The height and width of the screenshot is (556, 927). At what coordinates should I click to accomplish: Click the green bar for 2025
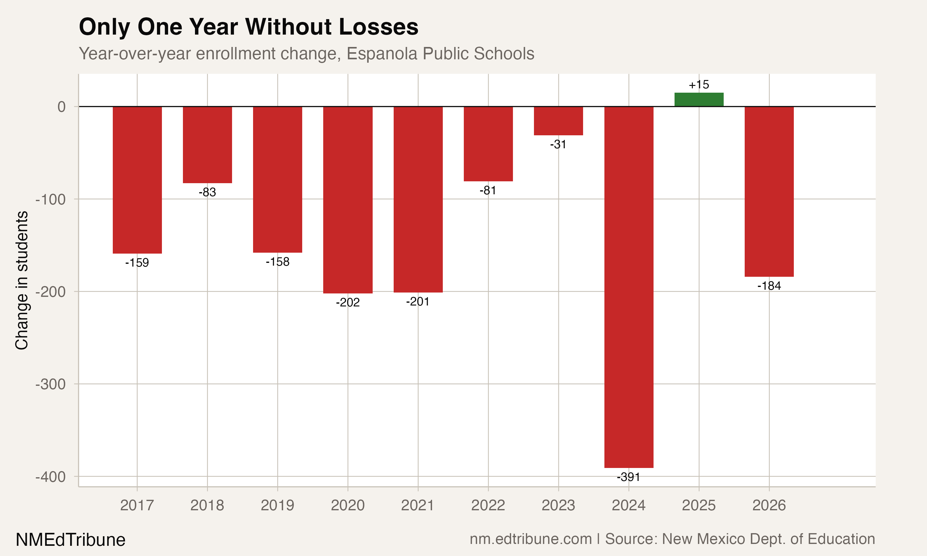click(699, 100)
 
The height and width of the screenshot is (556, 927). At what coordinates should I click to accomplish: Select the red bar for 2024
click(629, 287)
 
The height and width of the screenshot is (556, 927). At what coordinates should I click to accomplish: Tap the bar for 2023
click(558, 121)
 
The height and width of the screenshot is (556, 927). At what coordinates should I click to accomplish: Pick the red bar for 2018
click(207, 145)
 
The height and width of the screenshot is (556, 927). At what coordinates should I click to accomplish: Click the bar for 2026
click(769, 192)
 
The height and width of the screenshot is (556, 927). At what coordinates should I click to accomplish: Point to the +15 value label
click(699, 85)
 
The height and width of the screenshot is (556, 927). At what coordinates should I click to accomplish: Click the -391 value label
click(629, 477)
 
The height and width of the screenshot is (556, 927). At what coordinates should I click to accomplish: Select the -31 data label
click(558, 144)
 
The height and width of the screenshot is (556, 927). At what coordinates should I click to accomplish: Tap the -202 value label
click(347, 302)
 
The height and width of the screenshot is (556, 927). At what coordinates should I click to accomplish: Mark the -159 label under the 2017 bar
click(137, 263)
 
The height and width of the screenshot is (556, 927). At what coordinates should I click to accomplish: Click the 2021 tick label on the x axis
click(417, 505)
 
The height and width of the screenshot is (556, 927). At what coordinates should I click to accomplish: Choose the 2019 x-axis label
click(277, 505)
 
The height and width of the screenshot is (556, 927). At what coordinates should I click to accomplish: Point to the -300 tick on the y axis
click(51, 384)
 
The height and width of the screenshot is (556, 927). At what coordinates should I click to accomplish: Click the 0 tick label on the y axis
click(61, 107)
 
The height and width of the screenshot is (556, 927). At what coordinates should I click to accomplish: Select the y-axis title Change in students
click(22, 280)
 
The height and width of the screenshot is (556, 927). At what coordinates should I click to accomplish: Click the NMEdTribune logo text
click(70, 540)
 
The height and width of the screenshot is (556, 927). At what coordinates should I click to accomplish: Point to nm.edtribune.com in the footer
click(531, 539)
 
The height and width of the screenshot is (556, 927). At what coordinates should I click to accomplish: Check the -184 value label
click(769, 286)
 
